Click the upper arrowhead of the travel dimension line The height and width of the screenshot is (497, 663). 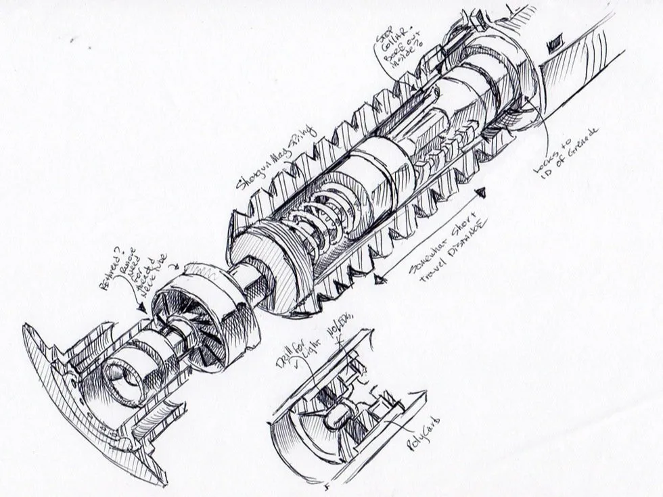(482, 195)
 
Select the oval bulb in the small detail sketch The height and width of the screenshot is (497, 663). (334, 417)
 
